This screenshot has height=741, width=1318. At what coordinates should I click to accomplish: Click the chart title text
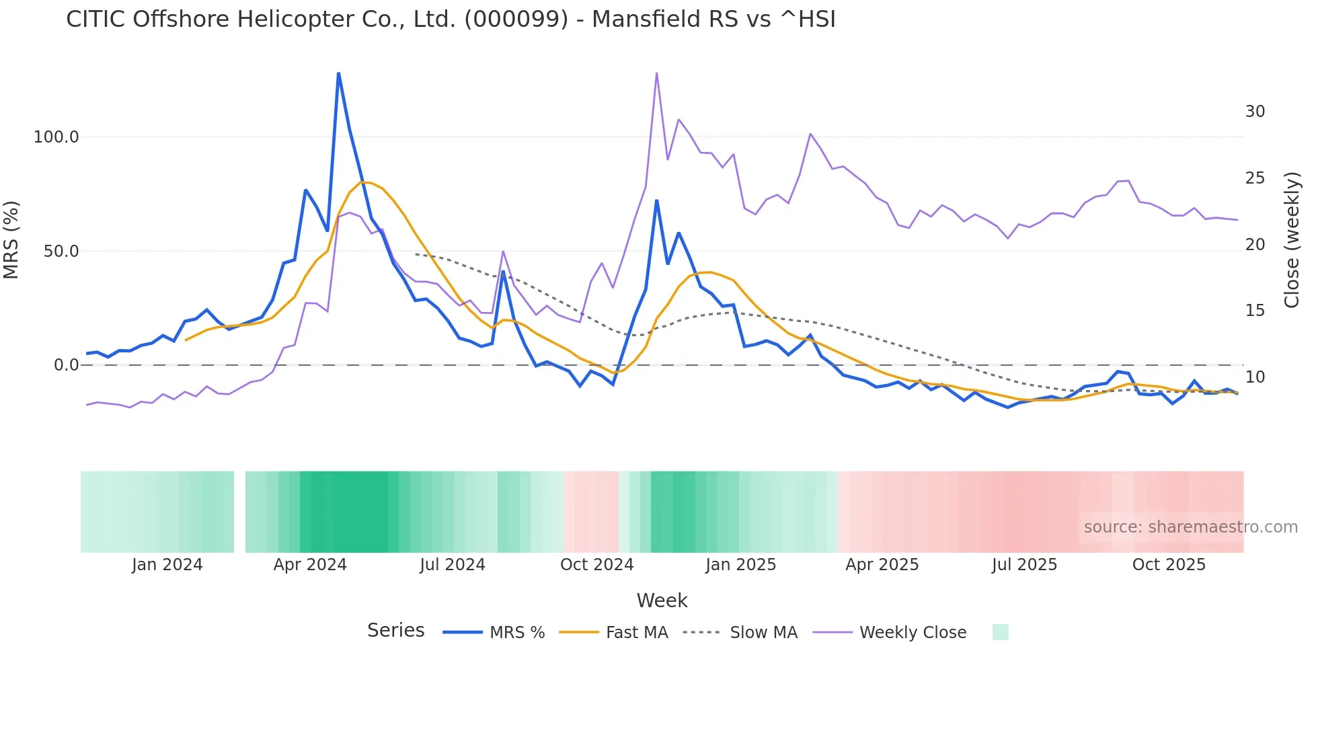(x=451, y=19)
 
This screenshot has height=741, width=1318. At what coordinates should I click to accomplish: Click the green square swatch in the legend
(x=1000, y=632)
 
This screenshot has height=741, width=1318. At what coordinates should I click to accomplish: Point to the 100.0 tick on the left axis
(x=56, y=137)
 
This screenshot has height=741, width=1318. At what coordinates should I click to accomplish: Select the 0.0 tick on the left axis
(x=66, y=365)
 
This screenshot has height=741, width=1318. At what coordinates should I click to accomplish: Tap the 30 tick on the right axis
(x=1255, y=112)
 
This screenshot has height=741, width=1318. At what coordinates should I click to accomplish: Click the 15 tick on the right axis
(x=1255, y=311)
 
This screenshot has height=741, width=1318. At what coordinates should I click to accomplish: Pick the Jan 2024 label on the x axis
(x=167, y=565)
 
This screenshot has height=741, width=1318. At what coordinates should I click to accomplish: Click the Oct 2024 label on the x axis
(x=596, y=565)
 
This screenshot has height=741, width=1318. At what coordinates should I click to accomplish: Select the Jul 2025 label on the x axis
(x=1024, y=565)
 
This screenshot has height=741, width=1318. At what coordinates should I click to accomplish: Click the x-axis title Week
(x=662, y=600)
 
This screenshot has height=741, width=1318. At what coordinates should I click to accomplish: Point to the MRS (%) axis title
(x=11, y=240)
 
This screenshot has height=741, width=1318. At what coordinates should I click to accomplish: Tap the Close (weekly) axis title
(x=1292, y=240)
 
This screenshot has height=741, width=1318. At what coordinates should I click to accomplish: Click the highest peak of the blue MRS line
(x=338, y=73)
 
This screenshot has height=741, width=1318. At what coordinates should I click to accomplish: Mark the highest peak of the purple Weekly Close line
(x=656, y=73)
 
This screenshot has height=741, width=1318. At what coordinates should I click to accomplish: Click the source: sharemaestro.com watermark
(x=1190, y=527)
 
